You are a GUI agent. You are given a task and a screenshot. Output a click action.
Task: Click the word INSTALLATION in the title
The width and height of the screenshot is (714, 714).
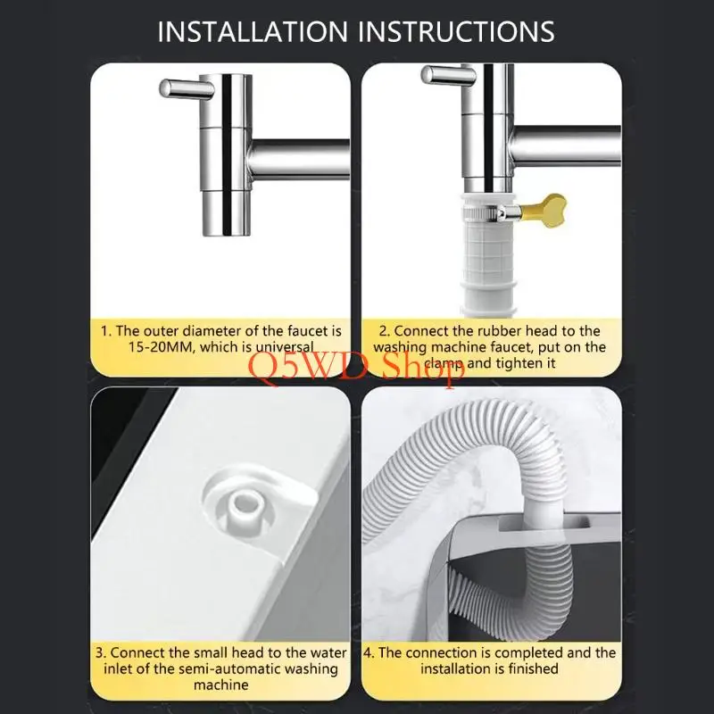point(253,32)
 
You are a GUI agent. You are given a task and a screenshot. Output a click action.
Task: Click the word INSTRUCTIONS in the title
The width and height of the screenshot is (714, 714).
point(456,32)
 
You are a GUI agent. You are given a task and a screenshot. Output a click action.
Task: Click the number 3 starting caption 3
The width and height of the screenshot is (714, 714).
point(100,652)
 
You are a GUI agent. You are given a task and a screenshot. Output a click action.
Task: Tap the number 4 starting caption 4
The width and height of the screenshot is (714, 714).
point(368,652)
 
